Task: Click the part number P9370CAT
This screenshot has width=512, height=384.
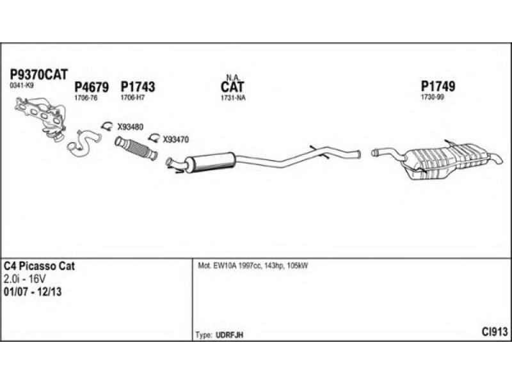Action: tap(39, 74)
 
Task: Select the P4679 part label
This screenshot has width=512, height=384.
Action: tap(92, 87)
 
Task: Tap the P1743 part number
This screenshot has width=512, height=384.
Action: tap(138, 87)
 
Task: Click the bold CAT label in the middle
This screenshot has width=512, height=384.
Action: tap(232, 86)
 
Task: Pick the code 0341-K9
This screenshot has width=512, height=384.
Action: tap(22, 85)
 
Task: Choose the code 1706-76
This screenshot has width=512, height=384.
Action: tap(85, 98)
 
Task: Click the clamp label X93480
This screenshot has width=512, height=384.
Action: tap(130, 126)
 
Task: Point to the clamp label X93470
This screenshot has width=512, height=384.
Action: tap(175, 139)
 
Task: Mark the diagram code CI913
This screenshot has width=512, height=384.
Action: tap(495, 332)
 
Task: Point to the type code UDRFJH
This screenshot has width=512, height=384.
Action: tap(230, 335)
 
